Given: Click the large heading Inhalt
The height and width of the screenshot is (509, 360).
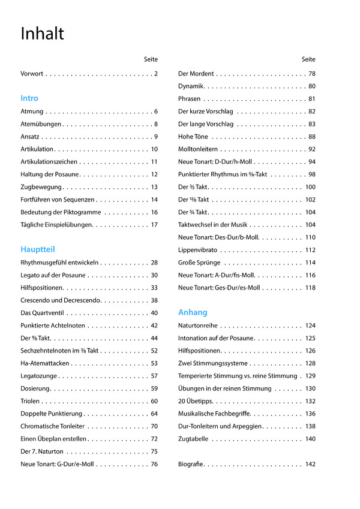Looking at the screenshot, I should click(x=42, y=34).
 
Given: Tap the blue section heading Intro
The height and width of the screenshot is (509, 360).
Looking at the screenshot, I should click(x=29, y=98).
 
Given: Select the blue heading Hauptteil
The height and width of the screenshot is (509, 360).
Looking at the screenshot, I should click(x=38, y=249).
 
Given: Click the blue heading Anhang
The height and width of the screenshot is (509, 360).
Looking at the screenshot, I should click(x=193, y=312).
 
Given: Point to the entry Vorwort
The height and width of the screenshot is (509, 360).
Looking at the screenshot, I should click(x=32, y=74).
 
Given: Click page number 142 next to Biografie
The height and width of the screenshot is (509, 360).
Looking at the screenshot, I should click(x=310, y=464).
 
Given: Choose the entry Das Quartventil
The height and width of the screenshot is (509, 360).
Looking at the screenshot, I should click(x=43, y=313).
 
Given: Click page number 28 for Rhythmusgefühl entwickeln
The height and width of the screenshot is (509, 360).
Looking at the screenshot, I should click(x=154, y=263).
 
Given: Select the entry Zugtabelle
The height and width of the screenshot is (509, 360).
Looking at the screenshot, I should click(x=193, y=439).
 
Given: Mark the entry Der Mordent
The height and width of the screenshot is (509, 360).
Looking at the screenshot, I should click(x=196, y=74).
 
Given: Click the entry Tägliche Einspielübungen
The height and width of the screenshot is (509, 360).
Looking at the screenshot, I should click(x=56, y=225).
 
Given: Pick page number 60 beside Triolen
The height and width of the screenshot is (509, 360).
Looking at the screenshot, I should click(x=154, y=401).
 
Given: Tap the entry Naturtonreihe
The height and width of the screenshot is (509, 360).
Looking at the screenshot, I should click(x=198, y=326).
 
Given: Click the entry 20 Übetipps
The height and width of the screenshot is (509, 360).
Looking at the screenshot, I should click(x=195, y=401).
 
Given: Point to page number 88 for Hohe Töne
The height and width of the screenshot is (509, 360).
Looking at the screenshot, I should click(x=312, y=137).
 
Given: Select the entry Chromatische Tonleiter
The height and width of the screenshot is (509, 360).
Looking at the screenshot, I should click(x=53, y=426).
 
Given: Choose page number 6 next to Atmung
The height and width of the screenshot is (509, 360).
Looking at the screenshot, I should click(x=155, y=112).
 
